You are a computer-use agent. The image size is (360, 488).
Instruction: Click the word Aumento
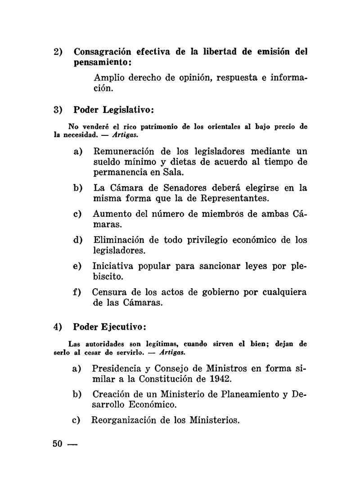[x=111, y=214]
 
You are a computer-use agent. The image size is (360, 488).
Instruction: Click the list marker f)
[x=76, y=292]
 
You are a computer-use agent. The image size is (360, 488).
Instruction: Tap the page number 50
[x=57, y=443]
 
